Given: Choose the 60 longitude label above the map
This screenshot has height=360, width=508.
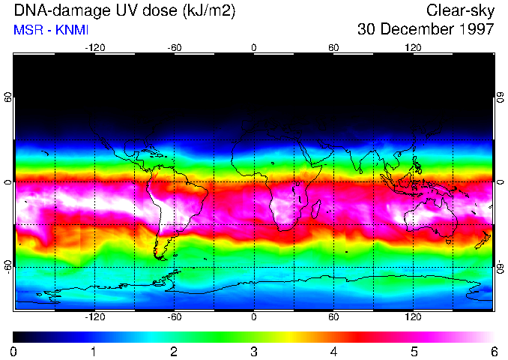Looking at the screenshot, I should pyautogui.click(x=333, y=47).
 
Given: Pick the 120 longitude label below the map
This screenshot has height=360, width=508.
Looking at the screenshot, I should pyautogui.click(x=413, y=316).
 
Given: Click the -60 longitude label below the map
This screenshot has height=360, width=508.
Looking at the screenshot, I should pyautogui.click(x=174, y=316).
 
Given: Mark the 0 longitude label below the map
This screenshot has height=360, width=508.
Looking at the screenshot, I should pyautogui.click(x=254, y=316).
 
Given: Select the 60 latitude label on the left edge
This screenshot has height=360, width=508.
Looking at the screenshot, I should pyautogui.click(x=8, y=97).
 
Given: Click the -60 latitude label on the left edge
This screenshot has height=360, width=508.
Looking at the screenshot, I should pyautogui.click(x=8, y=266).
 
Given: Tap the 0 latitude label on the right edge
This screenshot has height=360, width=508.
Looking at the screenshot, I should pyautogui.click(x=500, y=182).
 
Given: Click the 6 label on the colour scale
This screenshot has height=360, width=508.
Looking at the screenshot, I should pyautogui.click(x=494, y=351).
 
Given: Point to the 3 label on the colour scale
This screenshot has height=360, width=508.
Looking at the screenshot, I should pyautogui.click(x=254, y=351).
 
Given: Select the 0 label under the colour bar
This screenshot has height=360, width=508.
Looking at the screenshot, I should pyautogui.click(x=14, y=351).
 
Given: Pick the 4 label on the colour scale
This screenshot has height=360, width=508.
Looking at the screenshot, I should pyautogui.click(x=334, y=351).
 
